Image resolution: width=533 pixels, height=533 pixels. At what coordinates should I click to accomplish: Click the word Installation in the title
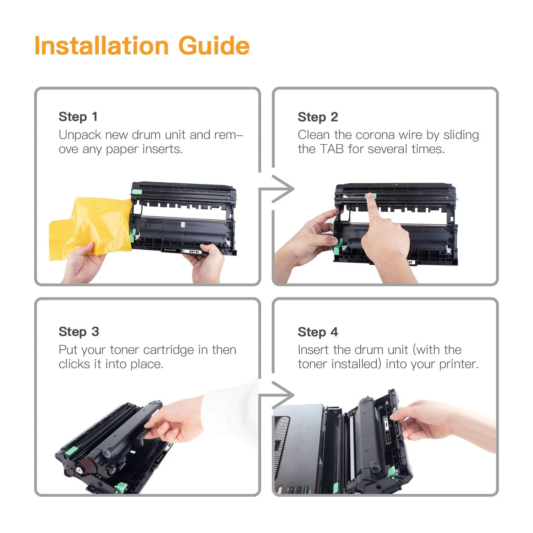pyautogui.click(x=101, y=46)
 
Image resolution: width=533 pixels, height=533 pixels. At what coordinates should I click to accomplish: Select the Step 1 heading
pyautogui.click(x=78, y=117)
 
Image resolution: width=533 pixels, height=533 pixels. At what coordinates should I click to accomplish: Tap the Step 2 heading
pyautogui.click(x=318, y=117)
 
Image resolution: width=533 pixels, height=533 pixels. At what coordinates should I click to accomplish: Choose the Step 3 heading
pyautogui.click(x=79, y=332)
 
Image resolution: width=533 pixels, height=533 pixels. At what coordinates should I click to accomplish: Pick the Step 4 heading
pyautogui.click(x=318, y=332)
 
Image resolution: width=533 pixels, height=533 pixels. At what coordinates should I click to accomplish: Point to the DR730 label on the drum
pyautogui.click(x=194, y=252)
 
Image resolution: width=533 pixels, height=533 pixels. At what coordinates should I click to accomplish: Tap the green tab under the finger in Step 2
pyautogui.click(x=370, y=196)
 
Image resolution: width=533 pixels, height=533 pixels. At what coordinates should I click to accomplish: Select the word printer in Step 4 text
pyautogui.click(x=458, y=364)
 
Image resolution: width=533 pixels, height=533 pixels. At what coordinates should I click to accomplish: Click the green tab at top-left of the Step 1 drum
pyautogui.click(x=137, y=192)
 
